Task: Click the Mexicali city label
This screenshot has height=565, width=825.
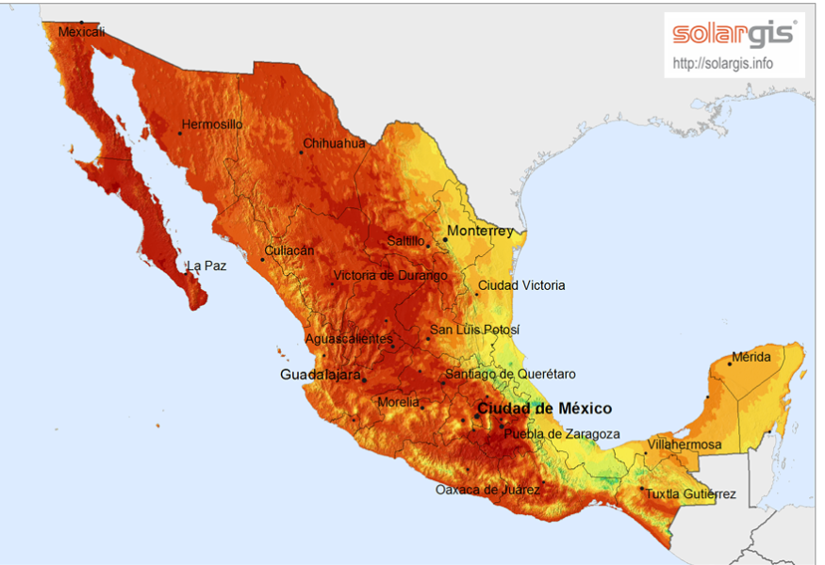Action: (x=81, y=32)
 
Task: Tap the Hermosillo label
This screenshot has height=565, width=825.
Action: (x=212, y=124)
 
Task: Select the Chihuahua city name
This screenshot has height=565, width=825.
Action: (x=334, y=144)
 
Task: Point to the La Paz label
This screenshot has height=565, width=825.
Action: (x=206, y=266)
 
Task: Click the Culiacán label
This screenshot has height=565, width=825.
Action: (x=289, y=251)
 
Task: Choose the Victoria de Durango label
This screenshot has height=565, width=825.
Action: (x=389, y=276)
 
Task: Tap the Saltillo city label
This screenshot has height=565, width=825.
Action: (x=406, y=241)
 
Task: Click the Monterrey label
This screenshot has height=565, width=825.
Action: (x=481, y=231)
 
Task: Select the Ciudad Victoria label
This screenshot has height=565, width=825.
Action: (x=521, y=285)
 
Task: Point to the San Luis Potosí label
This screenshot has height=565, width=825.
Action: (x=474, y=331)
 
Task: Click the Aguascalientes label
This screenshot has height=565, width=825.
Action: (x=348, y=338)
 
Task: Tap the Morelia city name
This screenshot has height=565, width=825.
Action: (x=398, y=402)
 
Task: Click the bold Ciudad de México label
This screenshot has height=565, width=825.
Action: (x=544, y=409)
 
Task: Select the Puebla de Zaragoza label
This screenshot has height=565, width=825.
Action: (x=562, y=434)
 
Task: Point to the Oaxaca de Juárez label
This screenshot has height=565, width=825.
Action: (x=487, y=490)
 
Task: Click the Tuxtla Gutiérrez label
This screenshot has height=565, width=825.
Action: (x=690, y=494)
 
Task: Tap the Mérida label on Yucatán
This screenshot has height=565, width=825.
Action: (x=751, y=357)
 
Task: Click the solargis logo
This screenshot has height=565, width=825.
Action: (x=734, y=35)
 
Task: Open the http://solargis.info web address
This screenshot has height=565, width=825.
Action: (x=723, y=64)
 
